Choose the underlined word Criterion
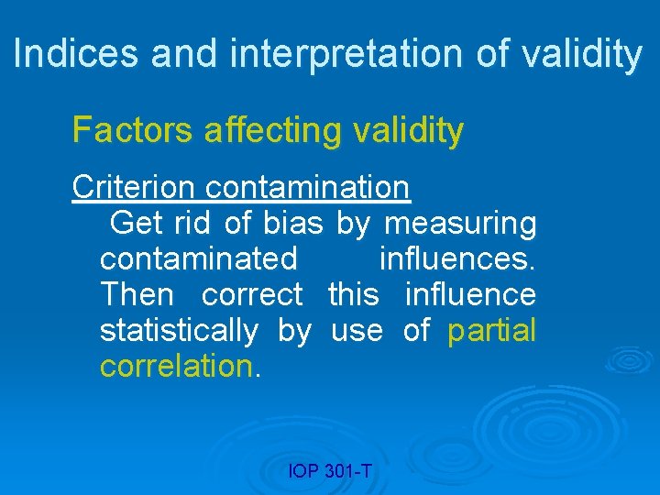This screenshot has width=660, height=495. (133, 187)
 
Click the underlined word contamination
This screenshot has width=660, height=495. (308, 187)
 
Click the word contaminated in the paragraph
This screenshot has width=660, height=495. (199, 258)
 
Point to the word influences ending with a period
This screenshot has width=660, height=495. (457, 258)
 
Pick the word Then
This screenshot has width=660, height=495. (137, 294)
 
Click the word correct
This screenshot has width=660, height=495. (252, 294)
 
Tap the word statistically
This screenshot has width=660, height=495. (179, 331)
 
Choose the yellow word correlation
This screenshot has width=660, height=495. (175, 366)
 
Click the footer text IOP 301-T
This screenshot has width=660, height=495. (330, 471)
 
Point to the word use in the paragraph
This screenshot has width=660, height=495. (356, 330)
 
